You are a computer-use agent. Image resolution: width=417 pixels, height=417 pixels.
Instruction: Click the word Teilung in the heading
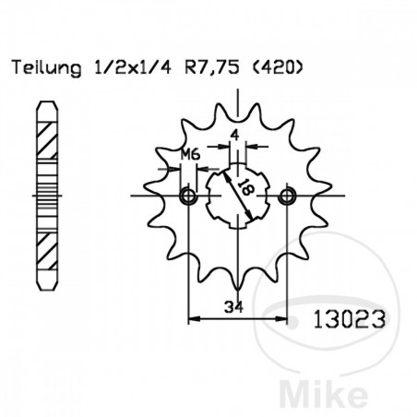pos(40,67)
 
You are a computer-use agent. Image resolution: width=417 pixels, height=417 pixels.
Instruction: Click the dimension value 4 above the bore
pos(236,134)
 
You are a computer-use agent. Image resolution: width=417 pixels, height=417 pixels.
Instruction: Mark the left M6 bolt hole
pos(189,196)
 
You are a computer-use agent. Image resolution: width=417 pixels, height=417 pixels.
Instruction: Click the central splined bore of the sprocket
pos(240,196)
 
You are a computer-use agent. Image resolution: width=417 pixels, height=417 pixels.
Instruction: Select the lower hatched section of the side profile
pos(42,247)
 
